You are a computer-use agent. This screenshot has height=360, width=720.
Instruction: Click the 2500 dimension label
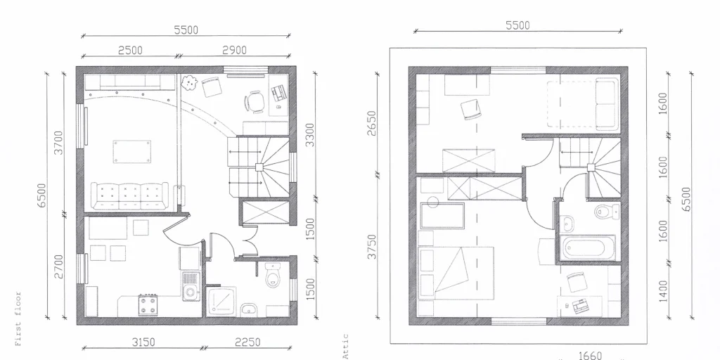130,50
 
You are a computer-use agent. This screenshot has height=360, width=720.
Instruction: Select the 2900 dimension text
234,50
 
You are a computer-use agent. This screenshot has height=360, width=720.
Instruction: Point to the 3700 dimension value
59,142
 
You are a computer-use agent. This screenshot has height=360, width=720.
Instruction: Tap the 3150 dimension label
143,342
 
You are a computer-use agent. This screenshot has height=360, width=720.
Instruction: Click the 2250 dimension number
247,342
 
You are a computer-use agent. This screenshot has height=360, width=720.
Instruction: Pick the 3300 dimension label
310,135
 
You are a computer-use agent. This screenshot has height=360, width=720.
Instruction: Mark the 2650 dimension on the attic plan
372,122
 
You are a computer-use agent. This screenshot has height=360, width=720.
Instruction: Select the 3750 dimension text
372,246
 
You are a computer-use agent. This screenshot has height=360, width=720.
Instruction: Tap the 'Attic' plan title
345,346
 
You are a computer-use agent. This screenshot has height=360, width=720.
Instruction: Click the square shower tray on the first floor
221,301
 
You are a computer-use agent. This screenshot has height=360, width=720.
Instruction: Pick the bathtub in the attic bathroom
589,248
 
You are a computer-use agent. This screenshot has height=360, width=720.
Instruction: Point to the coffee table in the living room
134,151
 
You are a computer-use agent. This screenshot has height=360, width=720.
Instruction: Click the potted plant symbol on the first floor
188,83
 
